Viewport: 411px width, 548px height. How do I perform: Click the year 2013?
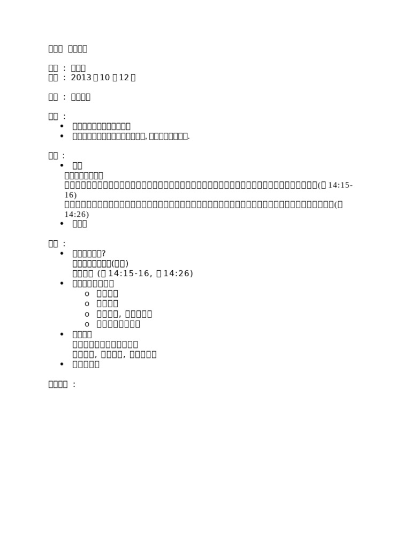pyautogui.click(x=81, y=78)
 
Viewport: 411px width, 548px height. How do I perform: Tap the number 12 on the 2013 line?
pyautogui.click(x=124, y=78)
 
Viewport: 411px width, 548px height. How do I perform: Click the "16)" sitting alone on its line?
pyautogui.click(x=71, y=195)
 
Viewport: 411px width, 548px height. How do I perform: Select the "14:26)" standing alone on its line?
pyautogui.click(x=77, y=215)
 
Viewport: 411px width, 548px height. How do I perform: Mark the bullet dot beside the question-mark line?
pyautogui.click(x=62, y=254)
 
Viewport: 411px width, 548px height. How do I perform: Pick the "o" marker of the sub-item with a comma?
pyautogui.click(x=87, y=314)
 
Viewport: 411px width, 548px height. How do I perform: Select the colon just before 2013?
pyautogui.click(x=64, y=78)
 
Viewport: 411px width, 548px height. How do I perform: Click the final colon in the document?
pyautogui.click(x=73, y=384)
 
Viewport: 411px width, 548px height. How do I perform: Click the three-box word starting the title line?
pyautogui.click(x=56, y=49)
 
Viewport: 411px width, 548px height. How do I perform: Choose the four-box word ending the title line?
pyautogui.click(x=78, y=49)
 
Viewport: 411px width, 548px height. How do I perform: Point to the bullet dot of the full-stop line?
pyautogui.click(x=62, y=136)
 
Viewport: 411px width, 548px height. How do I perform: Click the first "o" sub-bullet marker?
pyautogui.click(x=87, y=294)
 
